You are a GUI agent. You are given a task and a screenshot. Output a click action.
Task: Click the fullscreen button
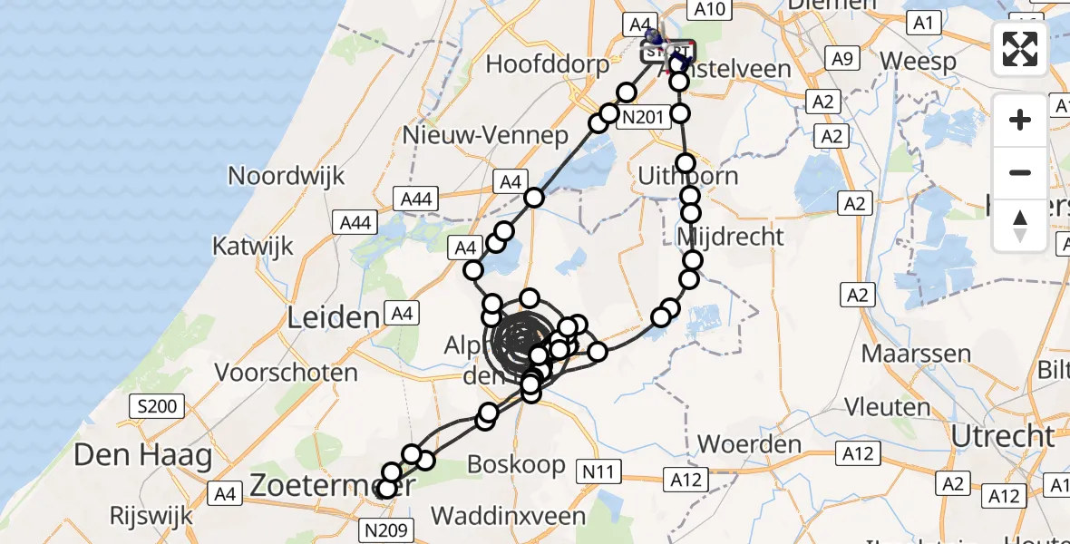(x=1020, y=49)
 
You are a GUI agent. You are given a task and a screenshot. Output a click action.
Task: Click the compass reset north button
(x=1020, y=225)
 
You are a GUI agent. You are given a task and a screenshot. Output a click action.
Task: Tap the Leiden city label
(x=333, y=317)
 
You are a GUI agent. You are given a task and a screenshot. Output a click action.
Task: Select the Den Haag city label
(x=142, y=454)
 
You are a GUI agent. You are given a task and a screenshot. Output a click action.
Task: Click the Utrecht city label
(x=1004, y=437)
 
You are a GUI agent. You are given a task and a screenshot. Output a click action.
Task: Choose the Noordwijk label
(x=287, y=175)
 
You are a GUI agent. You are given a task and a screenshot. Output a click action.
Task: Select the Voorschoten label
(x=287, y=372)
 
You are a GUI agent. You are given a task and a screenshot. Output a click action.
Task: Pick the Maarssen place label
(x=916, y=353)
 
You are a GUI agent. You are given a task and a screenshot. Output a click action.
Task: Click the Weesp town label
(x=918, y=62)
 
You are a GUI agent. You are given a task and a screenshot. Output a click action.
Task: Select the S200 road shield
(x=158, y=406)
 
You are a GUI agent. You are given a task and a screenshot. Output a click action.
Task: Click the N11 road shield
(x=598, y=471)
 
